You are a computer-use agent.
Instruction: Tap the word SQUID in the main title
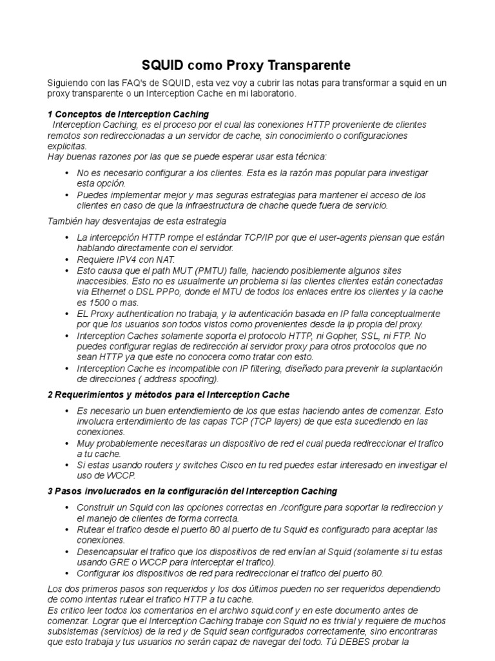pyautogui.click(x=162, y=65)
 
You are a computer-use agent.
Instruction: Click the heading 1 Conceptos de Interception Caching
pyautogui.click(x=128, y=114)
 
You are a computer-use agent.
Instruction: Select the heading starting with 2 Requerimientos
pyautogui.click(x=169, y=394)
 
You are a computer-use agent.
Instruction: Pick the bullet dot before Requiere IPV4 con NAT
pyautogui.click(x=68, y=258)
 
